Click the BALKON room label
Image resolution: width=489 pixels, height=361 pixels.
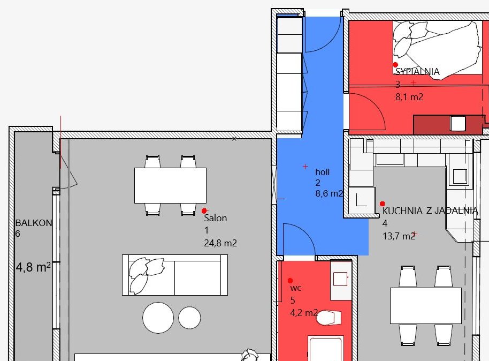tap(34, 223)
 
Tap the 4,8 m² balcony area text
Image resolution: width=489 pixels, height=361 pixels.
tap(33, 267)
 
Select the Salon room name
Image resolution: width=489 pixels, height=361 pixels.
tap(215, 218)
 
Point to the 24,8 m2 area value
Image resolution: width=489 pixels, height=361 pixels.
tap(220, 243)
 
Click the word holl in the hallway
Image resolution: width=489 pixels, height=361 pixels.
tap(323, 172)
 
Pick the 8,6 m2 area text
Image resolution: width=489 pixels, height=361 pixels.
tap(330, 193)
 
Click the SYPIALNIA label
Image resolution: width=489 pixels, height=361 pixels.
tap(417, 72)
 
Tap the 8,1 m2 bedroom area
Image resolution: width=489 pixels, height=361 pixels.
tap(409, 97)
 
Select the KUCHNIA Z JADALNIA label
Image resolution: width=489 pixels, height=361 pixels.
tap(430, 211)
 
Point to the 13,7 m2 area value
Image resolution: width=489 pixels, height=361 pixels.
tap(399, 236)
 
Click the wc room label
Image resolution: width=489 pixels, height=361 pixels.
tap(296, 288)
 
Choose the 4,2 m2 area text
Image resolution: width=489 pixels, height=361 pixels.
tap(304, 312)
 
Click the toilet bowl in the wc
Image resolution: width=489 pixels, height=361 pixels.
tap(328, 318)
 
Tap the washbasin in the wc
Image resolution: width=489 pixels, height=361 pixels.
tap(341, 279)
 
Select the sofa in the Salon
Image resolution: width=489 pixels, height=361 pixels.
tap(175, 275)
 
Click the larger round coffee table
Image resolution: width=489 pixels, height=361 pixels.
tap(158, 318)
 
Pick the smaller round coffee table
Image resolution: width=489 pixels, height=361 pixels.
tap(189, 318)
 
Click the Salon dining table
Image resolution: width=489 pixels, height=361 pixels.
tap(170, 185)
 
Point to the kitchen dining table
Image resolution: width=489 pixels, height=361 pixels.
tap(426, 306)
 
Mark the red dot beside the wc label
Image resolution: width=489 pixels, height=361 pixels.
tap(291, 281)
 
